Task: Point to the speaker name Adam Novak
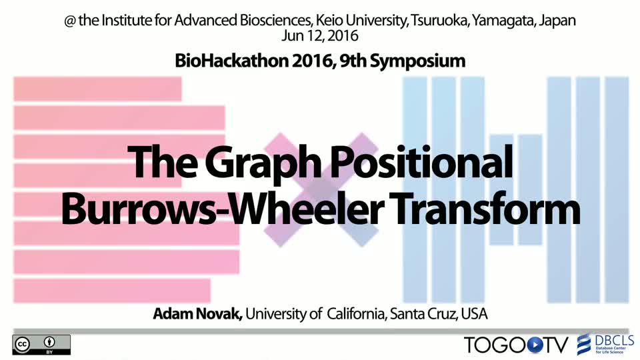point(197,314)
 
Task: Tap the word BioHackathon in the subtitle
point(231,61)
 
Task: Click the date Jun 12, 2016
point(319,36)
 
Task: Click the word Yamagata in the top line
point(503,21)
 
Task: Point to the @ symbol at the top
point(70,21)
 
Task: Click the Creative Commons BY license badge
point(41,345)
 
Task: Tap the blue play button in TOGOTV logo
point(535,345)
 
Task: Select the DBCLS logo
point(605,345)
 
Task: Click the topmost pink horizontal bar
point(97,89)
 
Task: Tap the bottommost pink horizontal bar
point(112,291)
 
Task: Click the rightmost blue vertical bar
point(617,190)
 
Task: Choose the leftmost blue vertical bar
point(415,190)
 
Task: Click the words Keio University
point(361,21)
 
